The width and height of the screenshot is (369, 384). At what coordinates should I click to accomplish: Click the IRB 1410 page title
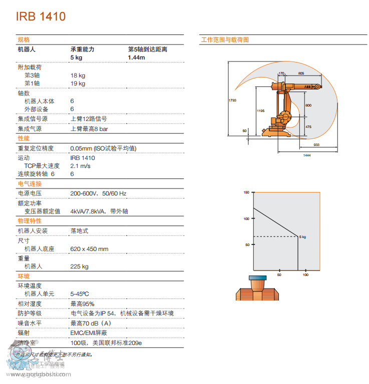[x=41, y=16]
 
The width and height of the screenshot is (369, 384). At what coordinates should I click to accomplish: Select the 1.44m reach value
[x=136, y=57]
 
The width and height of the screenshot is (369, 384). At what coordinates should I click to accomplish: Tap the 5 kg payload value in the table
[x=76, y=57]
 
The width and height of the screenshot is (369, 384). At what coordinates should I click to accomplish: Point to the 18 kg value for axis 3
[x=78, y=75]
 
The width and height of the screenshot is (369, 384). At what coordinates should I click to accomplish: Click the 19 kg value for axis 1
[x=78, y=83]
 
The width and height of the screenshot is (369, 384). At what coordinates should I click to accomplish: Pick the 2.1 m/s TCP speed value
[x=80, y=165]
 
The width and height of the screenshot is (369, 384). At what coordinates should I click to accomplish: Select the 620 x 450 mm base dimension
[x=89, y=248]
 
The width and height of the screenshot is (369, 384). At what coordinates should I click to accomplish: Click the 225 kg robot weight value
[x=79, y=266]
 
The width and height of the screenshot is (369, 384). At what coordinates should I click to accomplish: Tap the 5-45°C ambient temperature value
[x=81, y=293]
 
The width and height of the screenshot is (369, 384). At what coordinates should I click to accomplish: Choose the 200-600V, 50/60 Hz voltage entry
[x=98, y=193]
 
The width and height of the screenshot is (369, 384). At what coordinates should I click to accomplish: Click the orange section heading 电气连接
[x=30, y=184]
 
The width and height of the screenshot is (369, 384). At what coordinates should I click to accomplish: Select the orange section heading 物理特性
[x=30, y=220]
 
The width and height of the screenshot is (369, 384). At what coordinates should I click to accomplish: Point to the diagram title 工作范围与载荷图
[x=225, y=39]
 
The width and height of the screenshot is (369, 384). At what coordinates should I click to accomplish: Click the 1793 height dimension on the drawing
[x=232, y=100]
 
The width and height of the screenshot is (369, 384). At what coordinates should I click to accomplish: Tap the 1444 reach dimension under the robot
[x=306, y=155]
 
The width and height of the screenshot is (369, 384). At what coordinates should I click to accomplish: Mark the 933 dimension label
[x=316, y=144]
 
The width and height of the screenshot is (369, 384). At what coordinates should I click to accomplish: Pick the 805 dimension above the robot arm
[x=300, y=73]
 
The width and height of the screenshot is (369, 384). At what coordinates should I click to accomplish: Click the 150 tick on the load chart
[x=246, y=192]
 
